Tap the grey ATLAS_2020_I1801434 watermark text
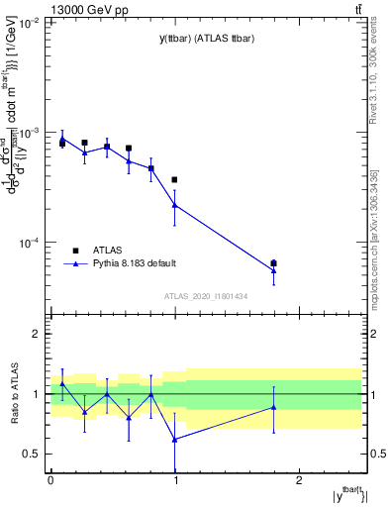click(205, 296)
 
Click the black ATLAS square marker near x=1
click(175, 180)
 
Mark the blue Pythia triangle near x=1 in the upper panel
click(175, 205)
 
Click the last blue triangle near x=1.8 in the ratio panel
click(274, 407)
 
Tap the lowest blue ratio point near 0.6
click(175, 439)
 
